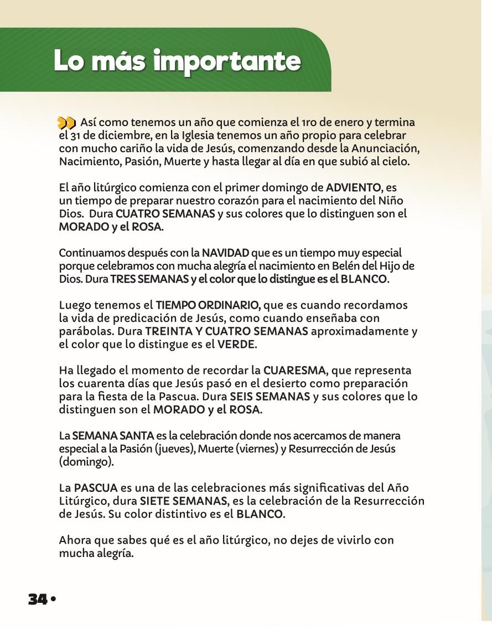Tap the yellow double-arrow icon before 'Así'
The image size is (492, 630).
[67, 122]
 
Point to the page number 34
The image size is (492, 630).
[38, 599]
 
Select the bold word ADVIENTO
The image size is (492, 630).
[354, 188]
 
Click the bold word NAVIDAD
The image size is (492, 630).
[225, 253]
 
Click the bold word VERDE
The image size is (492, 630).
[236, 345]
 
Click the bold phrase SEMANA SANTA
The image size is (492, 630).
[106, 436]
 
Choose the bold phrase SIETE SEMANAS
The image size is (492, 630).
[183, 501]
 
